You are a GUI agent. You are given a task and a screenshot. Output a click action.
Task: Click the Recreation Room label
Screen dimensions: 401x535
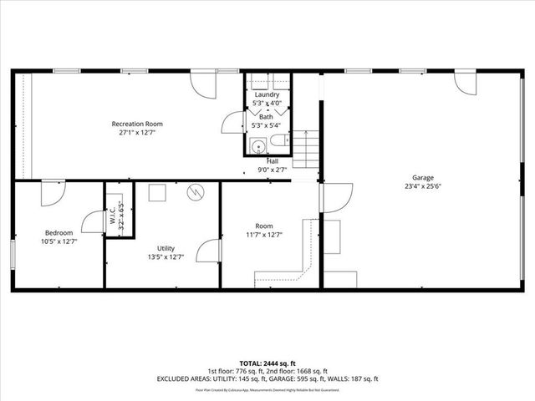137,124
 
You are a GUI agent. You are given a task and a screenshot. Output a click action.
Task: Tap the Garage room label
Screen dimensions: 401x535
423,177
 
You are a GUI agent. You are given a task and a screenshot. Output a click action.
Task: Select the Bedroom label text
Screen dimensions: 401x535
59,232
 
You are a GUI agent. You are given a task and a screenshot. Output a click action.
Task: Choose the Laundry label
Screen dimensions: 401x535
267,94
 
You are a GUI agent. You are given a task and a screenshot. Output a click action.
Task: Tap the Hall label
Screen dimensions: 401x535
273,160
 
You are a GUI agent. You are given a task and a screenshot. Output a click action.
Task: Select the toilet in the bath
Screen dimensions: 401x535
281,143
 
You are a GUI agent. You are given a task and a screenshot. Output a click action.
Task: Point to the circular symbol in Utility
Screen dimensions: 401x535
196,191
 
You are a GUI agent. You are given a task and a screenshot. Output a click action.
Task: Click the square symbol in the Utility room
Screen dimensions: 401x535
157,192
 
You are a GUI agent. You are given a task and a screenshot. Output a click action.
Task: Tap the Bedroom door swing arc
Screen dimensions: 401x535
53,191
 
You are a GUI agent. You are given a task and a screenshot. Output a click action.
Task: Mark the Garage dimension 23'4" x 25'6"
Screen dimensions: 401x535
423,186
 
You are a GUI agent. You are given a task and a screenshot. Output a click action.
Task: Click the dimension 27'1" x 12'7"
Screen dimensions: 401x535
137,132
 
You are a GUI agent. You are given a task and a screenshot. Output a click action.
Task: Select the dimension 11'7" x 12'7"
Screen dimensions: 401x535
264,235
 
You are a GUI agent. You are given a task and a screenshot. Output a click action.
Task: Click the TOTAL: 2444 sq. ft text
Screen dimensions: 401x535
267,364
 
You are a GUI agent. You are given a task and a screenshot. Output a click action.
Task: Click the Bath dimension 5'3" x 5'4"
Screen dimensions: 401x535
267,126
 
